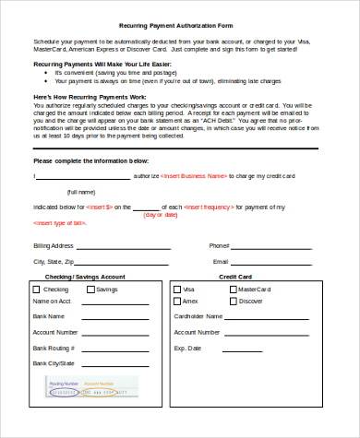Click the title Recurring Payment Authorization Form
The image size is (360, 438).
[x=179, y=26]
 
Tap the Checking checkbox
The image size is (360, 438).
[x=37, y=290]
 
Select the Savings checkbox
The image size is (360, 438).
[x=90, y=290]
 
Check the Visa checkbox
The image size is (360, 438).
[x=177, y=289]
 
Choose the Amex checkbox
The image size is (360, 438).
[x=177, y=301]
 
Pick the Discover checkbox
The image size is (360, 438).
[x=233, y=301]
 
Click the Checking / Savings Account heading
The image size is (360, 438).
[x=85, y=276]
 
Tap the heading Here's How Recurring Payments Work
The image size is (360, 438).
[x=89, y=97]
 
